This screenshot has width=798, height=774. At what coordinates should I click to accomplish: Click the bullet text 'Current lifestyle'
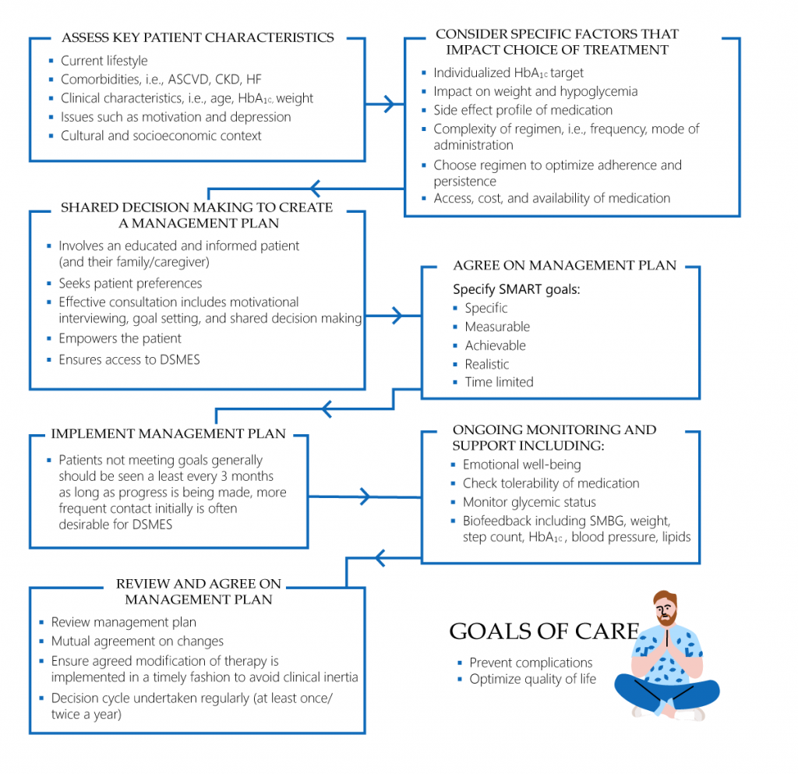[104, 61]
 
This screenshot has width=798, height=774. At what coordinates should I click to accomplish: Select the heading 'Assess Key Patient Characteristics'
[197, 37]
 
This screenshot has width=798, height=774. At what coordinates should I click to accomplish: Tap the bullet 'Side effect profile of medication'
[523, 110]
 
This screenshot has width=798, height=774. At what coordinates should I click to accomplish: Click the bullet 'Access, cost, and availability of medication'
[552, 198]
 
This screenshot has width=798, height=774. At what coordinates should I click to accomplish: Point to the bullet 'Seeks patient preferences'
[130, 283]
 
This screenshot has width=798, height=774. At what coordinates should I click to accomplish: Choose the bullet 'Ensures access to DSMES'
[129, 359]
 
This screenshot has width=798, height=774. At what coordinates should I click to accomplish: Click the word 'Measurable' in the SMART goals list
[497, 327]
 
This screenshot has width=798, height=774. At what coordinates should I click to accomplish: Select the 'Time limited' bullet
[499, 382]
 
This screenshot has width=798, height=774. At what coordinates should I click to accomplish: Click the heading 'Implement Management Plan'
[168, 433]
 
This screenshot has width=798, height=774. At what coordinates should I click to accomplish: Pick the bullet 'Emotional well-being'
[521, 465]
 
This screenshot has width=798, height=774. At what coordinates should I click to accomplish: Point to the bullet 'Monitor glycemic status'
[529, 502]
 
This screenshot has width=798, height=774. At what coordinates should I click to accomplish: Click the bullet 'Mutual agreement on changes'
[137, 641]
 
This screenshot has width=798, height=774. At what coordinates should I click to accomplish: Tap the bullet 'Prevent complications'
[531, 663]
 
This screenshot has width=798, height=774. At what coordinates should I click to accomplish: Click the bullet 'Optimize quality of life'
[532, 679]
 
